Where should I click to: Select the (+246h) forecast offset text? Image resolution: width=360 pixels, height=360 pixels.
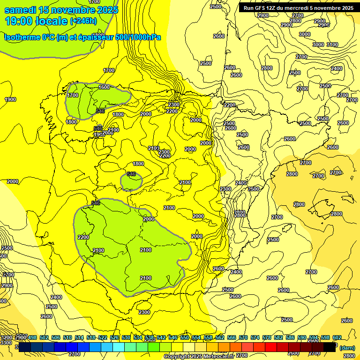pyautogui.click(x=83, y=21)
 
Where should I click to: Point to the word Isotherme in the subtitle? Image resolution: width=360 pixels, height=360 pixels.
pyautogui.click(x=22, y=37)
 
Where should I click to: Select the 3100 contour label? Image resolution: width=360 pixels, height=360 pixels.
pyautogui.click(x=332, y=45)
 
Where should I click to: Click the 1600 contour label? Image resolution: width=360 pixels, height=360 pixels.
pyautogui.click(x=104, y=87)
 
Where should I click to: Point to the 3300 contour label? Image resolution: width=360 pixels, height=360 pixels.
pyautogui.click(x=7, y=343)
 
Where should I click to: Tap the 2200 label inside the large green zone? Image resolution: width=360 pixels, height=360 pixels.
pyautogui.click(x=83, y=237)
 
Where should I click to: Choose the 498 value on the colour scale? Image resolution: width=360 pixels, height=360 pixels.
pyautogui.click(x=32, y=338)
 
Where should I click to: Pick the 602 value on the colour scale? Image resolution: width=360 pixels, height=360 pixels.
pyautogui.click(x=337, y=338)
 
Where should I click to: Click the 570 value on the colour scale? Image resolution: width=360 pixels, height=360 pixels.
pyautogui.click(x=243, y=338)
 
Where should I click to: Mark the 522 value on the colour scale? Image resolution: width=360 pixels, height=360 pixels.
pyautogui.click(x=102, y=338)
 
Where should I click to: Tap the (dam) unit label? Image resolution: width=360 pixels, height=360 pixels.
pyautogui.click(x=347, y=348)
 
